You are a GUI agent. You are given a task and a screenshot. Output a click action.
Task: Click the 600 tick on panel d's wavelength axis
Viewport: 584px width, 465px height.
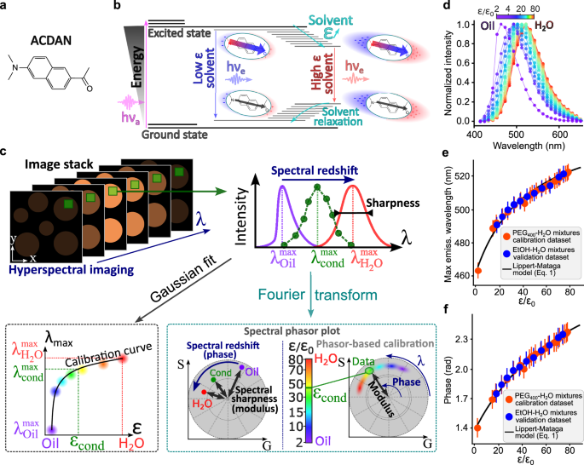click(529, 135)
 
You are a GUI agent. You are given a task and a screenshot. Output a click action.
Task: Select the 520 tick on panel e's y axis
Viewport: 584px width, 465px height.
click(454, 175)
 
